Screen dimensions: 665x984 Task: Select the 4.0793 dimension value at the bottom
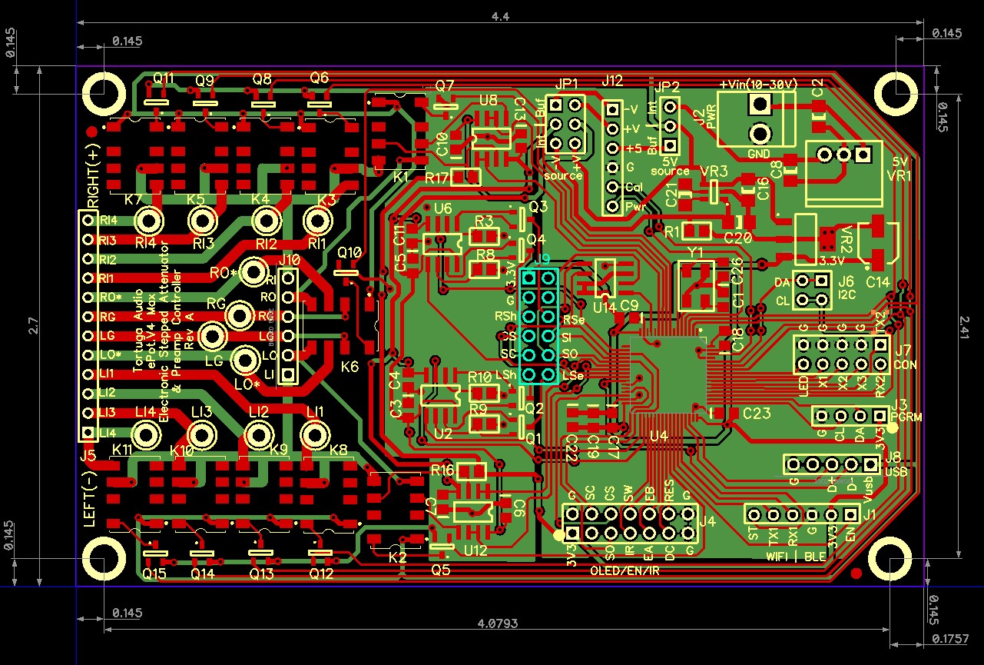pos(495,622)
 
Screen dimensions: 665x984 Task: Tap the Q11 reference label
pos(164,78)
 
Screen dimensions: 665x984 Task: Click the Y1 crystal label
pos(696,253)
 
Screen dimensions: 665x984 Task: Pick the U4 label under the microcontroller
pos(658,437)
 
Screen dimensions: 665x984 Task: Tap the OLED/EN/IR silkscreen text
pos(623,571)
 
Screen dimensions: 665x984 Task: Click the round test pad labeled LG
pos(212,336)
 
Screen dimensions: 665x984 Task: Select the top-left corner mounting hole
pos(104,91)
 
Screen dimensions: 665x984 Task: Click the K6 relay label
pos(350,367)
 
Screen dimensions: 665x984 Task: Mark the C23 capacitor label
pos(756,413)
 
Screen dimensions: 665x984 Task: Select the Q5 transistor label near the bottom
pos(440,570)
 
